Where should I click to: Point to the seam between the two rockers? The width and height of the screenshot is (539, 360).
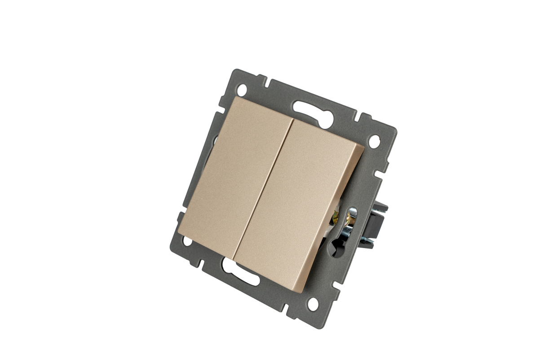265,189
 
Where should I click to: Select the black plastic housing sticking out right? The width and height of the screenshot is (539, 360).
376,225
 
